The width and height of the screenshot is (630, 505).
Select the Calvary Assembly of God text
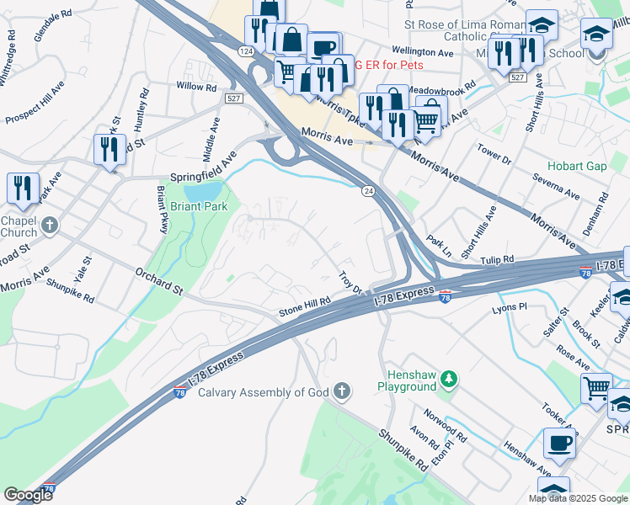[264, 391]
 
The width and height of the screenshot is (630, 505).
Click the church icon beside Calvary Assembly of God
[341, 391]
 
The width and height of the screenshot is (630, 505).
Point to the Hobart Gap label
[577, 166]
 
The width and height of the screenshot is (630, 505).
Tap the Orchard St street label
[160, 279]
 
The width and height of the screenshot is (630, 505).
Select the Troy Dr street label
[350, 283]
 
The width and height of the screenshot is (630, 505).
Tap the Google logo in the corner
[28, 494]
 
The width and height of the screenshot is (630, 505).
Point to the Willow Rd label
[196, 87]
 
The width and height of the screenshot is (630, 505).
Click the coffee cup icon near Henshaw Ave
[559, 441]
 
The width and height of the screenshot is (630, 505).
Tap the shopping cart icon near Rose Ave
[596, 387]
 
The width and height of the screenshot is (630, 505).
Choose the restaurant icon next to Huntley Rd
[109, 149]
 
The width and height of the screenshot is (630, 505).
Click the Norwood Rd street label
[446, 428]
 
